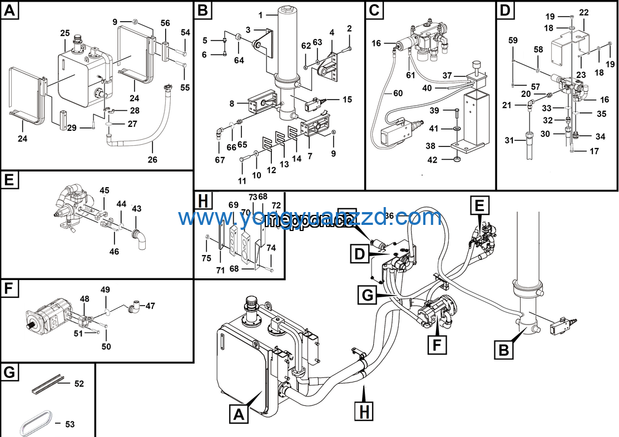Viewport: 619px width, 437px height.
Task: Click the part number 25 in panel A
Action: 65,33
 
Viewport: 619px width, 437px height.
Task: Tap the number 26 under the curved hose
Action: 152,160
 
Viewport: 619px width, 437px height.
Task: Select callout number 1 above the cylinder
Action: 260,14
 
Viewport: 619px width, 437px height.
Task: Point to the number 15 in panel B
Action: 347,100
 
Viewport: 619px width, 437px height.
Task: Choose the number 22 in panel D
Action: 583,12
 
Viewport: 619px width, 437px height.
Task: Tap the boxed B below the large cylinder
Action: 503,351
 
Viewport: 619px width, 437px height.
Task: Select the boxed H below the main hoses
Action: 364,411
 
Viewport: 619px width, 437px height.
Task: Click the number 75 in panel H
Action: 206,258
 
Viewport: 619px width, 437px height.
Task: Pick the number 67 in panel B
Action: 220,160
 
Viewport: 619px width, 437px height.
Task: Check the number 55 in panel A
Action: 185,87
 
